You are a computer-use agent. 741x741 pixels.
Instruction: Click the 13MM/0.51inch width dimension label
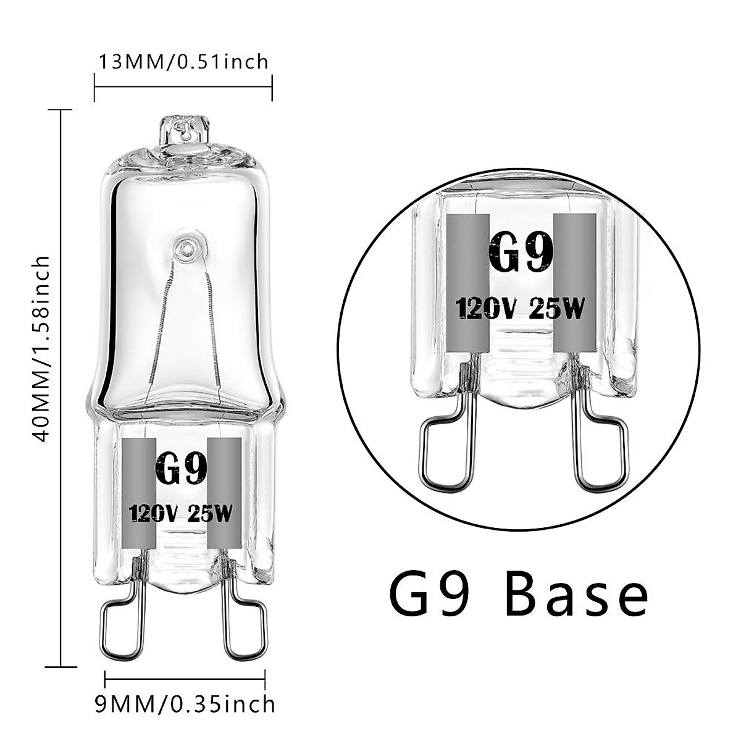(183, 62)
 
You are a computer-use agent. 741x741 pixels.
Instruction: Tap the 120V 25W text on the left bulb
(181, 514)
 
